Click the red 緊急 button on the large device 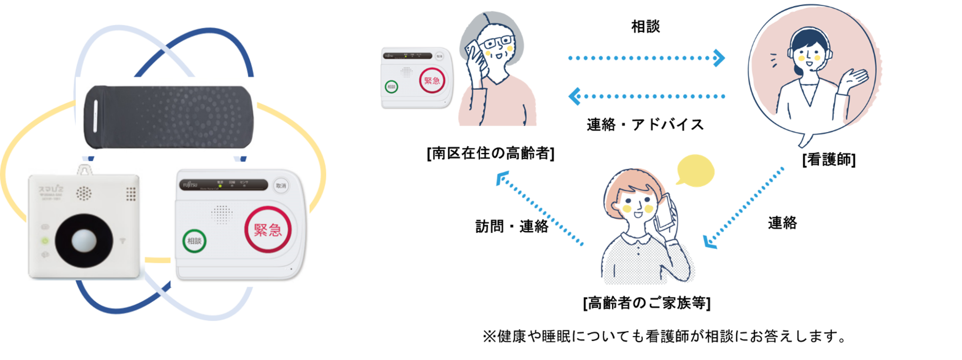click(x=268, y=230)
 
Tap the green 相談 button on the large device click(x=194, y=241)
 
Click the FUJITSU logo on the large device click(x=190, y=185)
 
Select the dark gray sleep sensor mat click(x=168, y=116)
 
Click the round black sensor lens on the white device click(x=84, y=241)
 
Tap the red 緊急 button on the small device click(x=432, y=80)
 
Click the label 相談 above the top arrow click(x=645, y=27)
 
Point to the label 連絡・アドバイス click(x=645, y=125)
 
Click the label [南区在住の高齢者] click(x=491, y=154)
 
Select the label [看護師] click(x=829, y=160)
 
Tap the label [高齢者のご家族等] click(x=647, y=303)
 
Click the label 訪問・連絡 click(x=512, y=226)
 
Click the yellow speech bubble click(x=695, y=171)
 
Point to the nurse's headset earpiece click(x=791, y=53)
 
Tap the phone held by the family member click(x=666, y=212)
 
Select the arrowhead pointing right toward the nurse click(x=719, y=58)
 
